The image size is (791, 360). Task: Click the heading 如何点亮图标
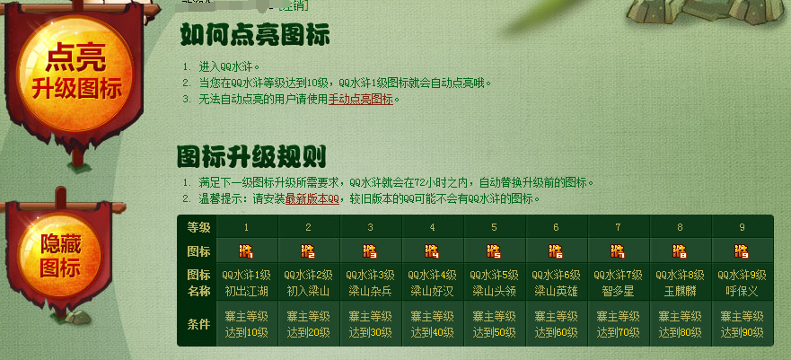(x=255, y=35)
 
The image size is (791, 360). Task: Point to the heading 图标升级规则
(x=251, y=156)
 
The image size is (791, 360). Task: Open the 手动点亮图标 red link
(x=361, y=100)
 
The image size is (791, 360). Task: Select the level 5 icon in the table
(x=494, y=250)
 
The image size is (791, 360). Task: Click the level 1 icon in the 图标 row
(x=246, y=250)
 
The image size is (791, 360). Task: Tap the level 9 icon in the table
(x=741, y=250)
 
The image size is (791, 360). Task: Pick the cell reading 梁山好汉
(x=432, y=290)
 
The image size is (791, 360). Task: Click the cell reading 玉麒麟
(x=680, y=290)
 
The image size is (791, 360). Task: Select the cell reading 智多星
(x=618, y=290)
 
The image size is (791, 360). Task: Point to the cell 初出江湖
(x=246, y=290)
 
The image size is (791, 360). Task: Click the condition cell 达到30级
(x=370, y=332)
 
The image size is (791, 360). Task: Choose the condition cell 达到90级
(x=742, y=332)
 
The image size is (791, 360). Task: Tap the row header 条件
(x=198, y=323)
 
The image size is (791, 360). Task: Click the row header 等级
(x=198, y=227)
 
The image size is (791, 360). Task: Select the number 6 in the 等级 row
(x=556, y=227)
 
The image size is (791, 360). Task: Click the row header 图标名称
(x=198, y=282)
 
